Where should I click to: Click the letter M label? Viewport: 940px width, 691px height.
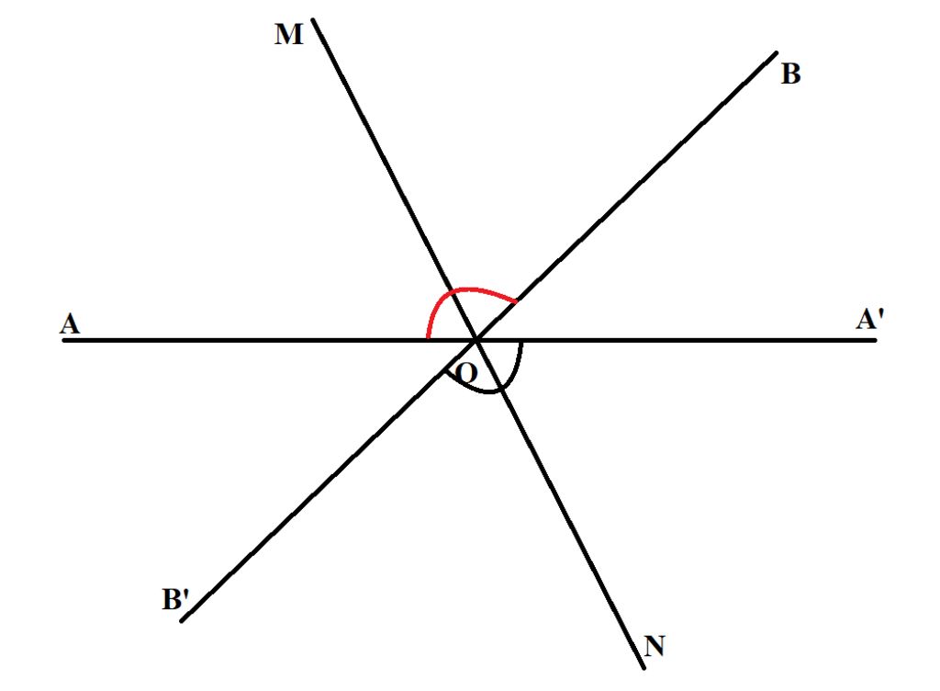288,35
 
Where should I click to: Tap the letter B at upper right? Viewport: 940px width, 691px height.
790,74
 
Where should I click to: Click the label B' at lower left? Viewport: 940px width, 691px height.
175,599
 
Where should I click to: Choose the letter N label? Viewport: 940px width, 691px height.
654,646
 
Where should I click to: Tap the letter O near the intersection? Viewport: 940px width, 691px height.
466,372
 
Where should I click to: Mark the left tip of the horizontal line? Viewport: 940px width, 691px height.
64,340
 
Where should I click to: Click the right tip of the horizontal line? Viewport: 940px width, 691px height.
876,340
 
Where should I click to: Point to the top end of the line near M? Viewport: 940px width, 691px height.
314,19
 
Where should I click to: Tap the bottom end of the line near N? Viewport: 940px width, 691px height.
644,667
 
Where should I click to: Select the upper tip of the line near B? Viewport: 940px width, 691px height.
777,52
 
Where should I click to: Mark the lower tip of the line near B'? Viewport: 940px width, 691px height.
182,621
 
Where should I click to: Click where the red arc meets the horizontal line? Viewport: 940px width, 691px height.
428,338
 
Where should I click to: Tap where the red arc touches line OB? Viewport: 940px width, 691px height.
516,301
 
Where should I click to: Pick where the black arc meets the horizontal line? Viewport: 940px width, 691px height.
522,342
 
